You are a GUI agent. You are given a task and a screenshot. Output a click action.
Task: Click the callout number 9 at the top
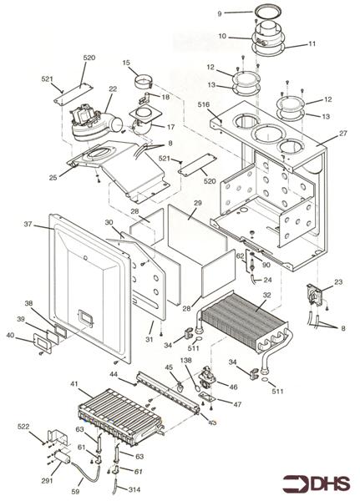tap(219, 13)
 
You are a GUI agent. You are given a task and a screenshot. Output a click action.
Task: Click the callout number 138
tap(185, 359)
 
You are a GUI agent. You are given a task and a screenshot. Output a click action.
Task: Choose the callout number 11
tap(290, 43)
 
